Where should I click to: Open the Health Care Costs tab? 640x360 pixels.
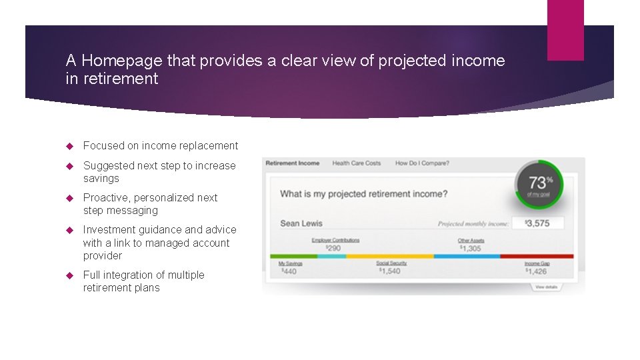356,163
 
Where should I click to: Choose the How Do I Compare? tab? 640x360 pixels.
422,163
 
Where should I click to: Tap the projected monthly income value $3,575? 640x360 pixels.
537,223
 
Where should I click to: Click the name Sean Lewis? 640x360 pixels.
301,223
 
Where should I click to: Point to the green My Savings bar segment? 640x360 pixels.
293,256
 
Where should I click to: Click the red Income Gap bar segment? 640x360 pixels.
536,256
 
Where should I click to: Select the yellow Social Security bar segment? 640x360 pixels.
389,256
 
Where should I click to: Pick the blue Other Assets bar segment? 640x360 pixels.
467,256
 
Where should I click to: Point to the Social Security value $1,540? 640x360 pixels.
390,271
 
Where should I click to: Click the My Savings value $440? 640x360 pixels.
289,271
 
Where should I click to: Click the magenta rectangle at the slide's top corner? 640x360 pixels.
565,30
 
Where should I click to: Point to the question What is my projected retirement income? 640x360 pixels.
363,194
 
